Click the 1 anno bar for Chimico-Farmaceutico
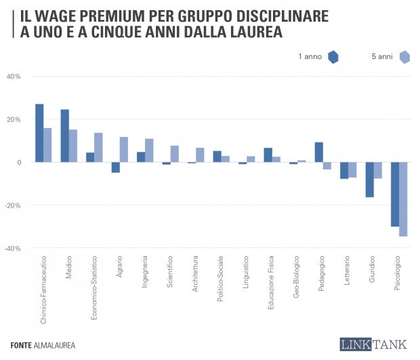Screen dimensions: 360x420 point(39,133)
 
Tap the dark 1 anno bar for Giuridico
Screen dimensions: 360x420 point(369,180)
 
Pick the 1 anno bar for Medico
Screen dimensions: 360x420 point(65,136)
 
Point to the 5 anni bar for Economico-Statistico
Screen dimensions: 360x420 point(98,147)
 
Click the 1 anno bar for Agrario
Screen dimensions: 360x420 point(116,167)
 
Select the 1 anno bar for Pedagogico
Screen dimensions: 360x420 point(319,152)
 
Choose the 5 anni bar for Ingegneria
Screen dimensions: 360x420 point(149,151)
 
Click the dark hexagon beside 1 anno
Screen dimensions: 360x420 point(333,57)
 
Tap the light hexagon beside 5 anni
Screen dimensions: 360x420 point(405,57)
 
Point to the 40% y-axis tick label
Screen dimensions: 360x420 point(14,76)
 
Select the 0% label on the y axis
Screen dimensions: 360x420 point(18,163)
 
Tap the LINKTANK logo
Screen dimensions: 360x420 point(375,344)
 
